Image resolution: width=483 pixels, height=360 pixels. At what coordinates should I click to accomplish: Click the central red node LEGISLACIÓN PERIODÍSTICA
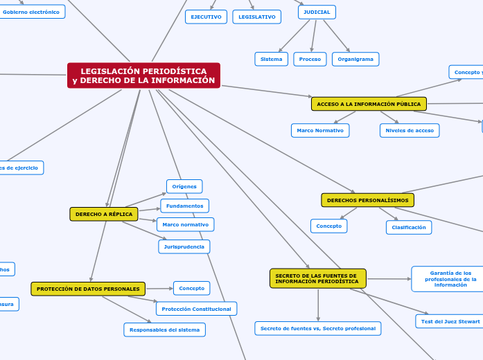pyautogui.click(x=143, y=75)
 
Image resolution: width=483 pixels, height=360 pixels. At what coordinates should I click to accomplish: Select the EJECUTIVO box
pyautogui.click(x=206, y=17)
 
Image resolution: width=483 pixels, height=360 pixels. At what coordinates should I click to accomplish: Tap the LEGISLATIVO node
pyautogui.click(x=256, y=17)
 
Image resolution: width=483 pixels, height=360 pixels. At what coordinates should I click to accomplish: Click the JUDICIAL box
pyautogui.click(x=317, y=12)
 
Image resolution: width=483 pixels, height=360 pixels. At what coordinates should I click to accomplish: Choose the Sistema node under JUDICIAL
pyautogui.click(x=271, y=60)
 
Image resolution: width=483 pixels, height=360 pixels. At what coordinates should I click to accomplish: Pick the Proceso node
pyautogui.click(x=310, y=60)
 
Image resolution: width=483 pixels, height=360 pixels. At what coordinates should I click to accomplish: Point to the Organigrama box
pyautogui.click(x=355, y=60)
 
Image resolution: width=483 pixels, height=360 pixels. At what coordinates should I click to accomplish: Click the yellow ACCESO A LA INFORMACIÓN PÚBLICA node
pyautogui.click(x=369, y=104)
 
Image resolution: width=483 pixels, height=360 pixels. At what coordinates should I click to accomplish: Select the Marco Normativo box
pyautogui.click(x=320, y=130)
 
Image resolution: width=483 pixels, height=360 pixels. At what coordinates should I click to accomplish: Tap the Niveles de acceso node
pyautogui.click(x=410, y=130)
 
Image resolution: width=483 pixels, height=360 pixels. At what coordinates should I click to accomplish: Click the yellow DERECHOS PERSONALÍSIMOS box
pyautogui.click(x=367, y=200)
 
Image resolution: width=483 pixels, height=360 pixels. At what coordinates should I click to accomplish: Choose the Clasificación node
pyautogui.click(x=409, y=227)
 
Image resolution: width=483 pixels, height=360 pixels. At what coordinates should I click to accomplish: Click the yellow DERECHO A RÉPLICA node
pyautogui.click(x=104, y=214)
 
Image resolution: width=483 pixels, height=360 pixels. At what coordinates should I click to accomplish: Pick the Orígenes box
pyautogui.click(x=184, y=186)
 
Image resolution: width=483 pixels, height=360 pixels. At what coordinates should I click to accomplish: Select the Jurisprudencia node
pyautogui.click(x=184, y=246)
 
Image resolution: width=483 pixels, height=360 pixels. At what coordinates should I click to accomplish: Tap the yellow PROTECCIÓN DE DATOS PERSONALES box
pyautogui.click(x=88, y=289)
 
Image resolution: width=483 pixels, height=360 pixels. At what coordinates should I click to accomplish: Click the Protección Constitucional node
pyautogui.click(x=196, y=309)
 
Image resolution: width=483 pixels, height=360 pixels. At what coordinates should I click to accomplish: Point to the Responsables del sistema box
pyautogui.click(x=164, y=330)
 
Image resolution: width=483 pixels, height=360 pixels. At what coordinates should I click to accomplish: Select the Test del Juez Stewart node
pyautogui.click(x=448, y=321)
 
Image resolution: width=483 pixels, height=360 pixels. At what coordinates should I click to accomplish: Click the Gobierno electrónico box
pyautogui.click(x=31, y=12)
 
